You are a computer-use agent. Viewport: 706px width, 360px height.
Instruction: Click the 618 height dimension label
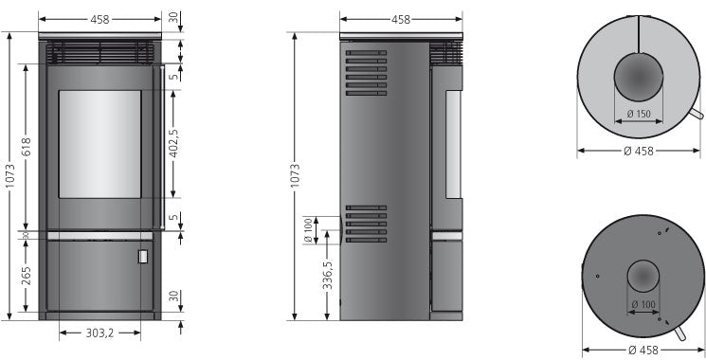[27, 148]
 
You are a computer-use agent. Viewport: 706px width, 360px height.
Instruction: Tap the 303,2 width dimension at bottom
[101, 333]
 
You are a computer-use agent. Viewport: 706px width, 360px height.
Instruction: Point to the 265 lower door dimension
[27, 275]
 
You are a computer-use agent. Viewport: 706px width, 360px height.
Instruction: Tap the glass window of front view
[101, 143]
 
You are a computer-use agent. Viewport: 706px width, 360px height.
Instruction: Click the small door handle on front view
[141, 256]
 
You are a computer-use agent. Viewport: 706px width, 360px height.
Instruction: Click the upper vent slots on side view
[367, 76]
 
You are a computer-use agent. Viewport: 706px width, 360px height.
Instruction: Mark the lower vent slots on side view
[367, 225]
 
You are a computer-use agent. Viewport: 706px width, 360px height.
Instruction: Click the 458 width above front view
[101, 17]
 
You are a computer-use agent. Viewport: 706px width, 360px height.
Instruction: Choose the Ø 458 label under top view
[640, 150]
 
